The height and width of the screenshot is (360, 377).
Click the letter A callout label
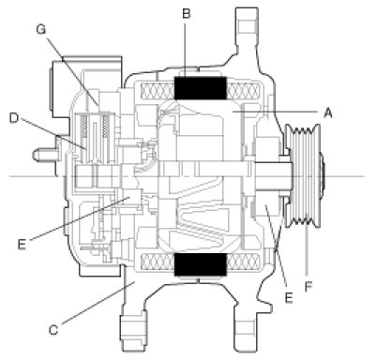[x=327, y=112]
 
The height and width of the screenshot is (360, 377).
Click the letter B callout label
[x=187, y=14]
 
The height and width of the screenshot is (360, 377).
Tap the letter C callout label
[x=53, y=330]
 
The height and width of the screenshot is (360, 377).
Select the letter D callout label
[x=14, y=118]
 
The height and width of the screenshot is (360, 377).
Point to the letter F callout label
[x=309, y=287]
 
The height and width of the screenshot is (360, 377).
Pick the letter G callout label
[x=41, y=29]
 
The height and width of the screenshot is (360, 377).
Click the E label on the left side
[x=22, y=244]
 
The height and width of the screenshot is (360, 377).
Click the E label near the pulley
[x=289, y=298]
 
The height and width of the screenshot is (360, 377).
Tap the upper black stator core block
[x=200, y=88]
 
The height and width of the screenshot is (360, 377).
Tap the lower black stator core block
[x=200, y=264]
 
